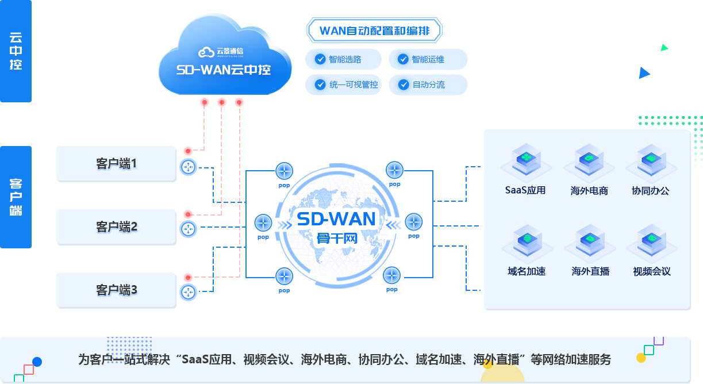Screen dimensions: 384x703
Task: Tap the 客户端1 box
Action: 116,164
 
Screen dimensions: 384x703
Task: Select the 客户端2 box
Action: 116,227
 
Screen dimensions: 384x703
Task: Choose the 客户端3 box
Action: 116,290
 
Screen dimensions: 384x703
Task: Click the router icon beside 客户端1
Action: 188,167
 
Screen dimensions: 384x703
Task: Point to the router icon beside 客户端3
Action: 188,292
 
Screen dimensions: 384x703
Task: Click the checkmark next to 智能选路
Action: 320,59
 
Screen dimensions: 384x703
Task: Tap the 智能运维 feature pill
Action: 428,59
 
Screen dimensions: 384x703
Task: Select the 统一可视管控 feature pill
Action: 344,85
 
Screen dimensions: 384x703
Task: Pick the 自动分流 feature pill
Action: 428,85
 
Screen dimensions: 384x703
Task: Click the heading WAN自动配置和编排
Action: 374,30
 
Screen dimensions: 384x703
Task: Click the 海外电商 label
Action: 589,191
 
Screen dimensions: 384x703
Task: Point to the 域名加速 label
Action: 526,271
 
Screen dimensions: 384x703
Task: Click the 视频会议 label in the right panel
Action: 651,271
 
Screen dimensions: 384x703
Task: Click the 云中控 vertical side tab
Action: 16,51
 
